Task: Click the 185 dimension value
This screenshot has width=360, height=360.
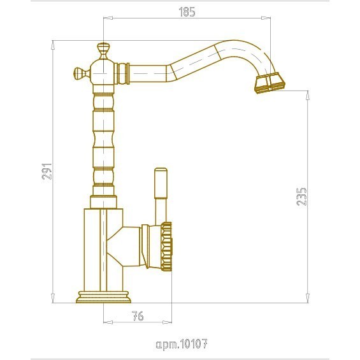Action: click(x=187, y=12)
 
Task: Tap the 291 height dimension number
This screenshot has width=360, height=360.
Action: click(x=47, y=171)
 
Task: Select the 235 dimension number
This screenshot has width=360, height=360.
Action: click(x=301, y=196)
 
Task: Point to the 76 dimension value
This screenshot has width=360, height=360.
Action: click(x=138, y=316)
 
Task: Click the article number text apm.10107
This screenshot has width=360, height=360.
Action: click(x=182, y=344)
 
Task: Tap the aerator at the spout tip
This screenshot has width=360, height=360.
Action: click(x=269, y=83)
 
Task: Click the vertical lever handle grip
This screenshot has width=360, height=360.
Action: click(x=161, y=183)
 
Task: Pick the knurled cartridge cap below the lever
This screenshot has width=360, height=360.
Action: click(x=166, y=247)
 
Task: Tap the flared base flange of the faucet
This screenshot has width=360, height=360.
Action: click(x=103, y=297)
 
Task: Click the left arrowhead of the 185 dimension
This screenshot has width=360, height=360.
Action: click(x=108, y=18)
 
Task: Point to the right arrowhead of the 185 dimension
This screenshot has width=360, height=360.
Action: click(x=266, y=18)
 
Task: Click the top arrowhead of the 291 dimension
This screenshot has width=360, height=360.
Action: click(x=53, y=45)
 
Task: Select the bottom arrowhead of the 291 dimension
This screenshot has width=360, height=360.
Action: click(x=53, y=298)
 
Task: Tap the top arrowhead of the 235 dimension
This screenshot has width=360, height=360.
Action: click(x=308, y=96)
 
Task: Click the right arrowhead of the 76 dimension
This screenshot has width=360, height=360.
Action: click(x=167, y=322)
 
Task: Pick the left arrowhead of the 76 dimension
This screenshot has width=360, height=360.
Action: click(x=108, y=322)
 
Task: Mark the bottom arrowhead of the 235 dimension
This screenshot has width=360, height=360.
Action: click(x=308, y=298)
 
